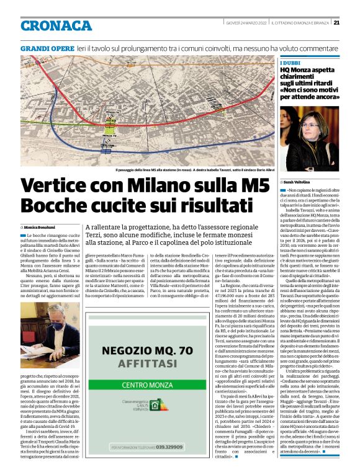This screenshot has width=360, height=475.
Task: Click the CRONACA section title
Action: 56,25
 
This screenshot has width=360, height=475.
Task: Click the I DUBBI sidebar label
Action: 289,63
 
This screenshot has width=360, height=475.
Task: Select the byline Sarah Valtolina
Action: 302,181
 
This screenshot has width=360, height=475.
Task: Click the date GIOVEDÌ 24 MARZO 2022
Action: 246,23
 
